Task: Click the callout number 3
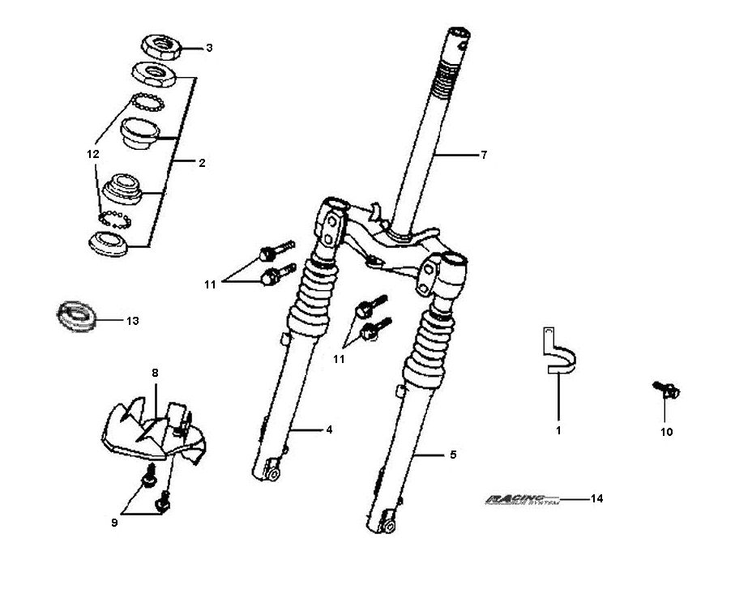208,48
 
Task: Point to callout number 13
132,321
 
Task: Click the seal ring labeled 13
79,314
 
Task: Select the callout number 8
154,373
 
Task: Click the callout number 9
114,523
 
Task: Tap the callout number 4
329,429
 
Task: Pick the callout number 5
452,455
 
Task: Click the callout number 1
558,431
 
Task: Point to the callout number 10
666,432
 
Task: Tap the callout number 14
597,498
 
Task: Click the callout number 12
93,153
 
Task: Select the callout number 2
202,163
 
